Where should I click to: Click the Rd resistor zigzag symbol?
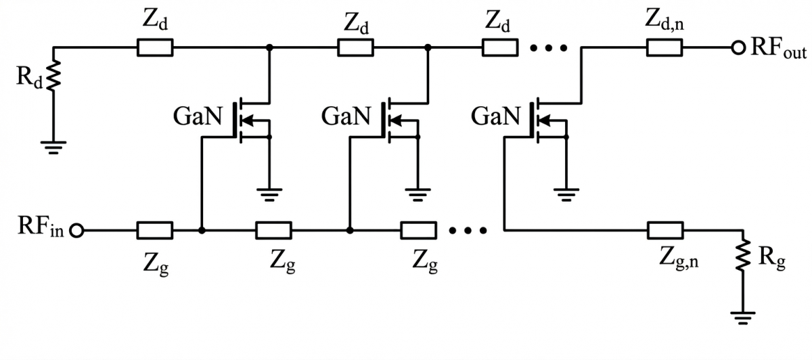53,75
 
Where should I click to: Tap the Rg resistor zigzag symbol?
743,255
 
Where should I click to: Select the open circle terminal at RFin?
76,231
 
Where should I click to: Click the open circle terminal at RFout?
738,48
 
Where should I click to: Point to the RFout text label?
779,48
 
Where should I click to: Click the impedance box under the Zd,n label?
664,48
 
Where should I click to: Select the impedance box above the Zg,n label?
665,231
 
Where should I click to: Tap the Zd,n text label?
664,21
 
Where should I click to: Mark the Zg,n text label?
679,258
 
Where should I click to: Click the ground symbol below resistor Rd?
53,148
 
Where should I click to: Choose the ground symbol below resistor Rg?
743,317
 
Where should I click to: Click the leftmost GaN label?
198,116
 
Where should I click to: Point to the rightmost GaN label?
495,116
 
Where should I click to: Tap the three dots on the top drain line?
549,48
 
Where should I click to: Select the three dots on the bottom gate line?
468,230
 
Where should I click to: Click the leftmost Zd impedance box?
155,48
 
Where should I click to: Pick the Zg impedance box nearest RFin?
155,231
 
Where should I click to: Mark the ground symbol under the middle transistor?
418,195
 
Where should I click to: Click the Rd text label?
29,77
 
